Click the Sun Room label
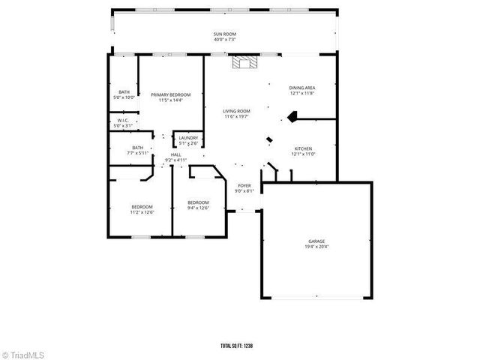224,34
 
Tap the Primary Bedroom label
170,94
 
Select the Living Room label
236,111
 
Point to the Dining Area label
301,88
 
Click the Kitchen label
302,148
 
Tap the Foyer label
244,185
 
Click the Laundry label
188,138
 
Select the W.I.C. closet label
122,121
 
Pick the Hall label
175,154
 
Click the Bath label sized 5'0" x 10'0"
123,92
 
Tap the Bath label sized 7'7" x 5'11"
138,148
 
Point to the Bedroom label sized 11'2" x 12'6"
142,207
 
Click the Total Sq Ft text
237,346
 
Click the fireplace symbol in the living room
243,63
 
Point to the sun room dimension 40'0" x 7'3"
224,40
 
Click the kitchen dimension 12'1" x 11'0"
302,154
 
